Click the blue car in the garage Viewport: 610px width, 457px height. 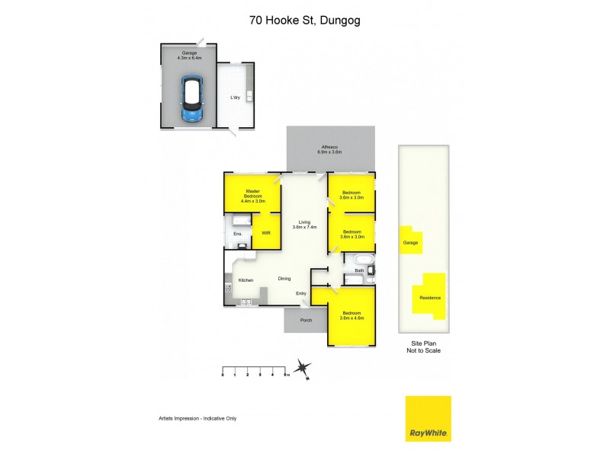point(192,98)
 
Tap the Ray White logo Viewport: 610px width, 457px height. point(429,418)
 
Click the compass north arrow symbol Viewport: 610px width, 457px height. point(302,368)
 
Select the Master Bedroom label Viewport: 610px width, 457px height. point(253,196)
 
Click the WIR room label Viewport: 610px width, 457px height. point(266,233)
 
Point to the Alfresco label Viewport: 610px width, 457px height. point(329,149)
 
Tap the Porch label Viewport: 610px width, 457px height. point(307,320)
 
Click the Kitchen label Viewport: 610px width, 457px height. point(246,280)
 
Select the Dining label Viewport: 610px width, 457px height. point(284,279)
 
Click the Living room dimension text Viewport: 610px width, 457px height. point(304,227)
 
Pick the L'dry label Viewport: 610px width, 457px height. point(236,97)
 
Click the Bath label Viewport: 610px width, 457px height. point(359,270)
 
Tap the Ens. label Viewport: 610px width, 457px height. point(238,234)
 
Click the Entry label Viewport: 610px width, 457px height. point(301,293)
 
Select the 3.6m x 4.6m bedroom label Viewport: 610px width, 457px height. point(352,315)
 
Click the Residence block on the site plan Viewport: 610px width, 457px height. point(429,298)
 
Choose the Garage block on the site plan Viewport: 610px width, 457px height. point(411,241)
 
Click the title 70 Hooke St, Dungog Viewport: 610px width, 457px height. point(305,21)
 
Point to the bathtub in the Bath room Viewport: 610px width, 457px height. point(364,260)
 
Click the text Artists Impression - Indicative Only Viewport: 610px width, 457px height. point(197,418)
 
